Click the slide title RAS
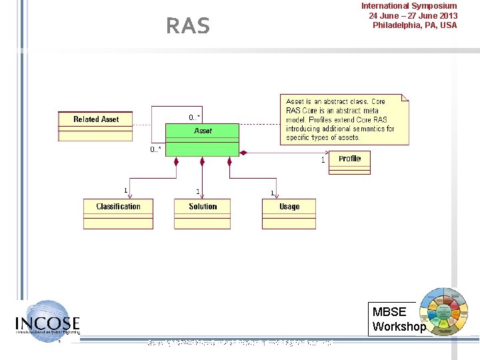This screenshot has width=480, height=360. pyautogui.click(x=187, y=26)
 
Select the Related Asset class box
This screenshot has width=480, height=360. pyautogui.click(x=95, y=126)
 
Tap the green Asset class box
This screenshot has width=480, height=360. pyautogui.click(x=203, y=139)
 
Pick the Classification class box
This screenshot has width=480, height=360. pyautogui.click(x=118, y=213)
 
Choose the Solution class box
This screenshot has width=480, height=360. pyautogui.click(x=203, y=213)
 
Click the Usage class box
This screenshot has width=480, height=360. pyautogui.click(x=289, y=213)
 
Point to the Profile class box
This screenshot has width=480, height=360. pyautogui.click(x=349, y=162)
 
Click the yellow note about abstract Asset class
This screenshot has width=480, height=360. pyautogui.click(x=343, y=119)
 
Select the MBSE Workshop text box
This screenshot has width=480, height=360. pyautogui.click(x=399, y=319)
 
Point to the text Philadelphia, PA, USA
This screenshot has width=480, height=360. pyautogui.click(x=415, y=25)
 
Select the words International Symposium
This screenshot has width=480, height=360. pyautogui.click(x=409, y=6)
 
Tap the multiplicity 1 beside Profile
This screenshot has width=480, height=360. pyautogui.click(x=323, y=160)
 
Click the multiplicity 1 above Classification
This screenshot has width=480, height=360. pyautogui.click(x=126, y=191)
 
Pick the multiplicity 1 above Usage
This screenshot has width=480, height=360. pyautogui.click(x=272, y=193)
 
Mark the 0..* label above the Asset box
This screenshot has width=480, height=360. pyautogui.click(x=195, y=117)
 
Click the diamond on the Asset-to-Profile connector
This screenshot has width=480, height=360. pyautogui.click(x=243, y=153)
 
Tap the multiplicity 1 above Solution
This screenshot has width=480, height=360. pyautogui.click(x=198, y=191)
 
